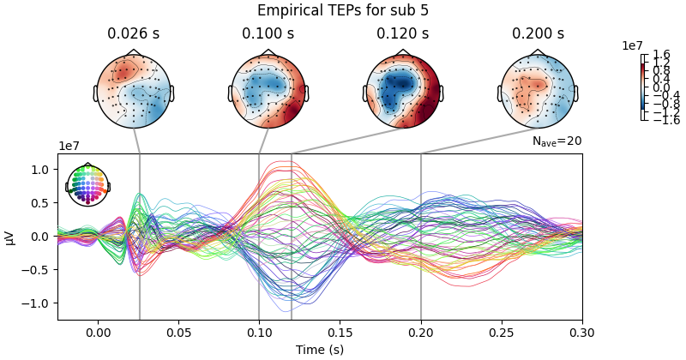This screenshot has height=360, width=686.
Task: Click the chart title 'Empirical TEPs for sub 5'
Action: [343, 11]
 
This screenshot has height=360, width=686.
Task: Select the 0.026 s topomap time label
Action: [133, 34]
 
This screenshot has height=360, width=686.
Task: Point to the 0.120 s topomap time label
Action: [402, 34]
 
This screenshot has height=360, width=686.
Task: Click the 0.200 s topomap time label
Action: [538, 34]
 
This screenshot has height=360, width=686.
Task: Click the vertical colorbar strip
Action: [643, 87]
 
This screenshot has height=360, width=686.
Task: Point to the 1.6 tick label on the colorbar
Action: [661, 55]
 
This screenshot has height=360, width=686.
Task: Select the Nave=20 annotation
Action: [557, 141]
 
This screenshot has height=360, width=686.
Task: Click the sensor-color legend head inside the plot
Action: [87, 184]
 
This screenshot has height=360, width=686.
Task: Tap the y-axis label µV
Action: [10, 237]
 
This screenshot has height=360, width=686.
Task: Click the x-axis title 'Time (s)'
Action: [320, 350]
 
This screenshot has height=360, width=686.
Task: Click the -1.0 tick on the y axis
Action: [41, 303]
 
